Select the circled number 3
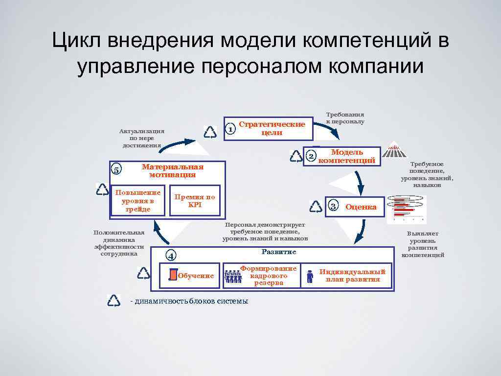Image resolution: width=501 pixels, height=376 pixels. [x=333, y=206]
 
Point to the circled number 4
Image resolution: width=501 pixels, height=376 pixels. [x=170, y=256]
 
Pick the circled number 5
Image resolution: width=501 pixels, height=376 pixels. [x=116, y=170]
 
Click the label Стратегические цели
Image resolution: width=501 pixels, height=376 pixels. [x=272, y=128]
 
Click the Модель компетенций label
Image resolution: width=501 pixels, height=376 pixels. [x=347, y=156]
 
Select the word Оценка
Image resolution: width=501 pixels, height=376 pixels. [x=361, y=207]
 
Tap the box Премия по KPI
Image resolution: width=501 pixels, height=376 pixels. [x=195, y=201]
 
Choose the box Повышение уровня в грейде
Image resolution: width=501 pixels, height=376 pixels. [x=138, y=201]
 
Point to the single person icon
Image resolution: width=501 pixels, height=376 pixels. [x=309, y=276]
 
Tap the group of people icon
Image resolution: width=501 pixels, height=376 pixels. [x=233, y=276]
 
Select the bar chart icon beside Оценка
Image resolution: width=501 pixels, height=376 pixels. [x=406, y=209]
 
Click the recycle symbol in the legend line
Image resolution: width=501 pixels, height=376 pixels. [x=114, y=300]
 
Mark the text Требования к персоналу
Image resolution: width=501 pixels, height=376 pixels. [x=345, y=117]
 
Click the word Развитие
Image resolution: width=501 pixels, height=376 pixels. [x=278, y=252]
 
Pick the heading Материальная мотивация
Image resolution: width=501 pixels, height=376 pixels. [x=172, y=170]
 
